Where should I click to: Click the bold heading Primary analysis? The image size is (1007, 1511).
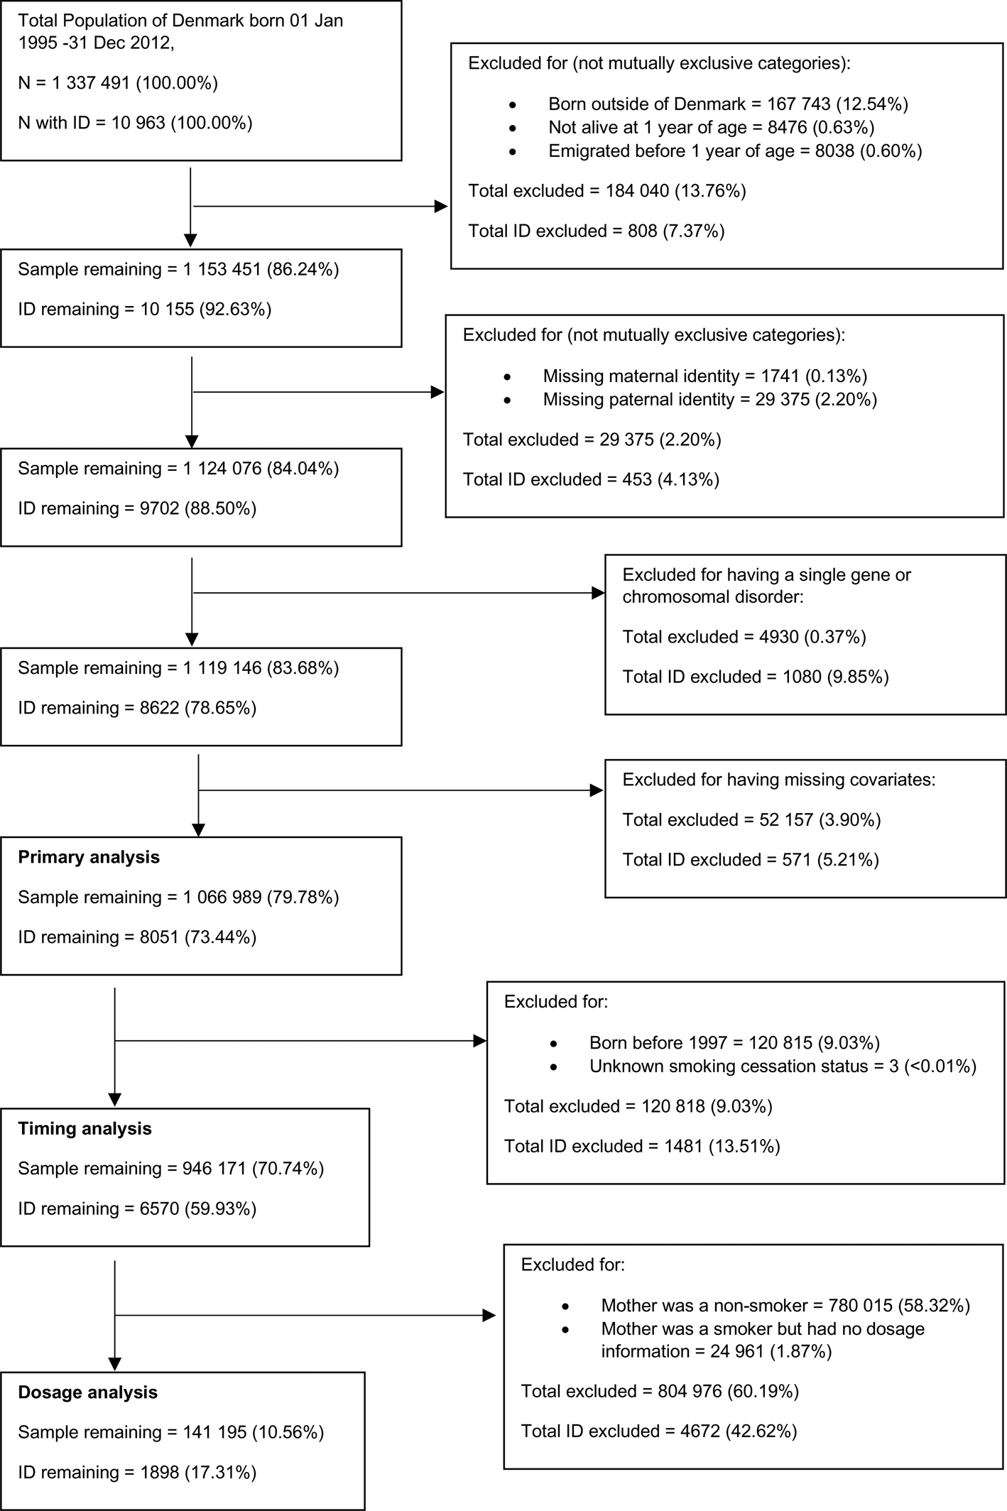[89, 857]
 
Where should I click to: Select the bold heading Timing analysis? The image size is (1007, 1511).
[85, 1128]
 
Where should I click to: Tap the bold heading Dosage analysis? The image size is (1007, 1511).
[87, 1392]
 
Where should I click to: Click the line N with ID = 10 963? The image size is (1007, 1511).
[135, 123]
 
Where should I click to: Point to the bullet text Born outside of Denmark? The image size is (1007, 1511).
[728, 104]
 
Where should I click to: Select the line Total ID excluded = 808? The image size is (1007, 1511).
[596, 231]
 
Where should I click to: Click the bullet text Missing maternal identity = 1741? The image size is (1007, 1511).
[704, 376]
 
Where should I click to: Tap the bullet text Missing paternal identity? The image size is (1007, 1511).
[709, 400]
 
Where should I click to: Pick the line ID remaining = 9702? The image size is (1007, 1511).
[137, 508]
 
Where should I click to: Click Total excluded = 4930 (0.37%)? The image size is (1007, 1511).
[744, 637]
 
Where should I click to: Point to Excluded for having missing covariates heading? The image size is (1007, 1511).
[778, 780]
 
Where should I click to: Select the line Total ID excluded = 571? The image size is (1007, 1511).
[750, 860]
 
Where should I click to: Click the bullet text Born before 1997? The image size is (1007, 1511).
[734, 1043]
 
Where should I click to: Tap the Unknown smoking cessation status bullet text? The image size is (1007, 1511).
[783, 1067]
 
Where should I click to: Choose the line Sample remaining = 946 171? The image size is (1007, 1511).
[170, 1169]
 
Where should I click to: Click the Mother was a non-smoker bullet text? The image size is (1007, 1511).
[785, 1305]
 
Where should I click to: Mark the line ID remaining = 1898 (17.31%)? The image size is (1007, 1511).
[136, 1473]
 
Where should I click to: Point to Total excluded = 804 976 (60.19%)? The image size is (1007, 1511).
[660, 1391]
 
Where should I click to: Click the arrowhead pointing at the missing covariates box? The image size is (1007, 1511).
[597, 790]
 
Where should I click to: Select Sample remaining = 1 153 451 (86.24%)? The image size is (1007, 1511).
[178, 270]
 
